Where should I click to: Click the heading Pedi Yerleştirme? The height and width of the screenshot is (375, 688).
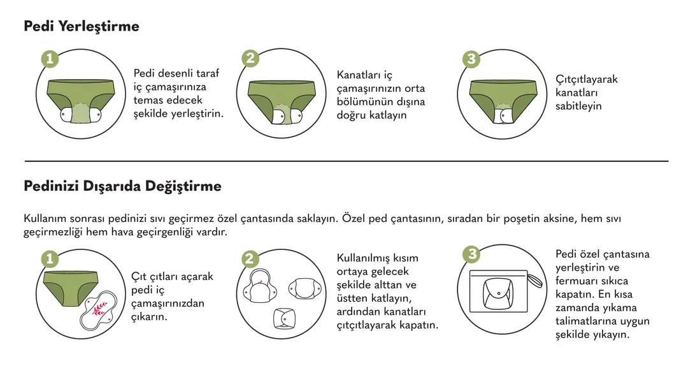pyautogui.click(x=82, y=26)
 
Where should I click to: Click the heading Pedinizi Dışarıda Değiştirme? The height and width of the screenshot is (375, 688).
pyautogui.click(x=122, y=186)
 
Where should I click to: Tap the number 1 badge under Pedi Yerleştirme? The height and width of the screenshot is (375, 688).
pyautogui.click(x=50, y=59)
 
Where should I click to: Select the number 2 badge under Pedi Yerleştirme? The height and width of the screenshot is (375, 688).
pyautogui.click(x=250, y=59)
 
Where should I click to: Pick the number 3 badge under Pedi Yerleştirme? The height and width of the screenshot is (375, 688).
pyautogui.click(x=471, y=59)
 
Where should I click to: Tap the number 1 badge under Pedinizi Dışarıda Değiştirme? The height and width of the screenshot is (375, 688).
pyautogui.click(x=50, y=259)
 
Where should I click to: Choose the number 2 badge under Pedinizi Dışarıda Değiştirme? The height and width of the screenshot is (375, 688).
pyautogui.click(x=250, y=259)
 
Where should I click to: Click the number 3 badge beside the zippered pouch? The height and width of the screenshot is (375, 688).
pyautogui.click(x=471, y=254)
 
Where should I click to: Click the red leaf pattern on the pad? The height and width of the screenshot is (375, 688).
pyautogui.click(x=99, y=309)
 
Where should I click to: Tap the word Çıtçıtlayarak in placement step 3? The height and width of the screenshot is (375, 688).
pyautogui.click(x=586, y=80)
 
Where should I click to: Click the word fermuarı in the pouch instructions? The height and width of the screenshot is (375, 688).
pyautogui.click(x=576, y=281)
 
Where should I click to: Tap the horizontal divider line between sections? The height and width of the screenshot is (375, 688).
pyautogui.click(x=347, y=161)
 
